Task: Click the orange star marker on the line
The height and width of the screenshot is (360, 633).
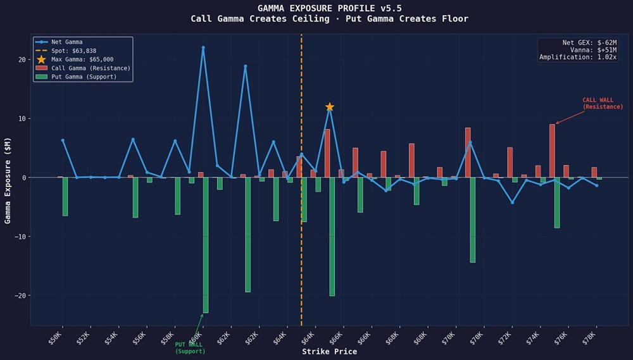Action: [329, 107]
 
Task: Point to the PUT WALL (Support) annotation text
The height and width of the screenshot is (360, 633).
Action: [190, 347]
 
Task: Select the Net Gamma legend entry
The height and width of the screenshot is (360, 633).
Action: [66, 42]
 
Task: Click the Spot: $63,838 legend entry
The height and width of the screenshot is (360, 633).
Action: [73, 51]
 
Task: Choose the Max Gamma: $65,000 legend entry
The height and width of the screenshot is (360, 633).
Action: [82, 59]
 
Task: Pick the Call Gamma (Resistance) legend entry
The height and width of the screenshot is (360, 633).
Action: [91, 68]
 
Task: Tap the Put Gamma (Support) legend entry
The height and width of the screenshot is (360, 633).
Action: [84, 77]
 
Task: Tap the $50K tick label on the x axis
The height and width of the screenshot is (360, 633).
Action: [56, 337]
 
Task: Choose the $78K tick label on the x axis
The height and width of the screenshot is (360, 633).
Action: [589, 337]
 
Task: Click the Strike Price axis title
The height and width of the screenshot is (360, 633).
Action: [329, 352]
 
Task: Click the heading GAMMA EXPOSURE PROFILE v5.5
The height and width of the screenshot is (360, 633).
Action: [329, 8]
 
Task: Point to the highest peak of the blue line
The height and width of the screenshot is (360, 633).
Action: [203, 47]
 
